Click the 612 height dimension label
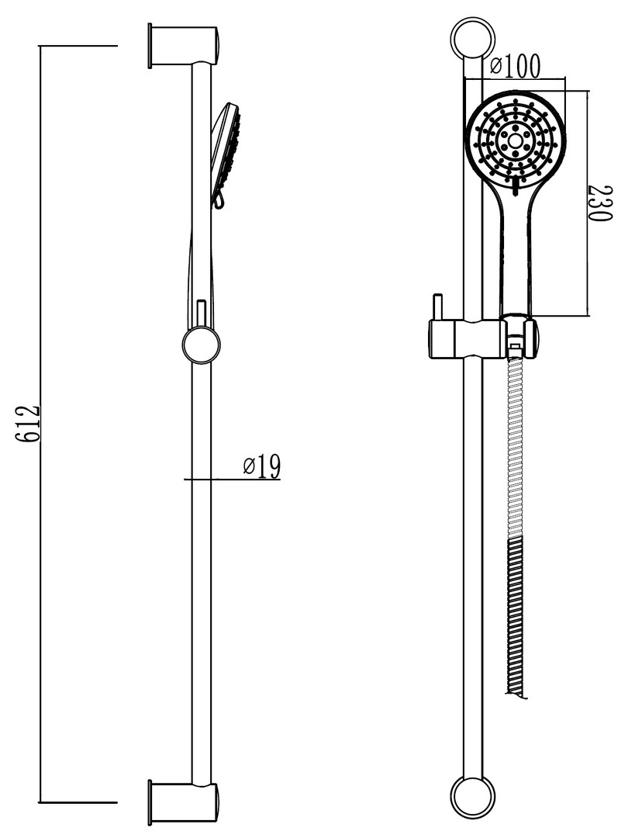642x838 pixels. (27, 424)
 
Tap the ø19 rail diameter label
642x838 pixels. (262, 466)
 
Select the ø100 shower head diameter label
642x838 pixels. (515, 66)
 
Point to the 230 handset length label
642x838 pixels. (599, 203)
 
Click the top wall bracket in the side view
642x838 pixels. (183, 46)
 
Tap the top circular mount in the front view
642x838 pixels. (473, 39)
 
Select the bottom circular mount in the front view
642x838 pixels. (473, 798)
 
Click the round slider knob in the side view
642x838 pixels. (201, 345)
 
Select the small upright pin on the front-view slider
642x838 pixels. (437, 307)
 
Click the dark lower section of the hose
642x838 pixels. (515, 618)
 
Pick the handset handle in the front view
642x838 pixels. (516, 251)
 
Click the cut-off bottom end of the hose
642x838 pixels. (516, 694)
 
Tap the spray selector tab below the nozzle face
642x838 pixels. (515, 187)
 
